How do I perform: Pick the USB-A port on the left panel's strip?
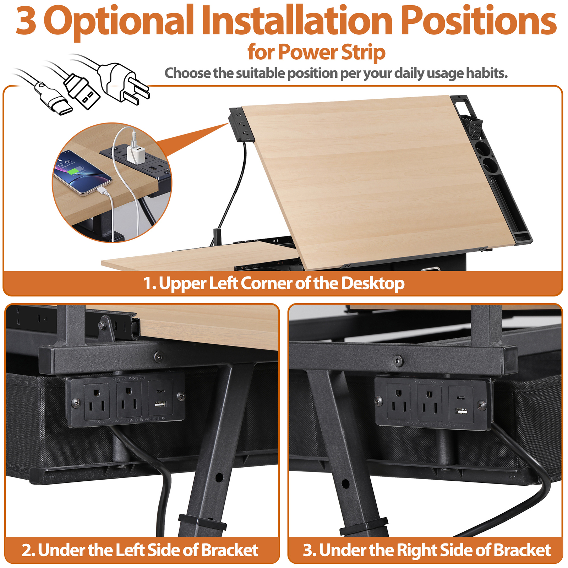tap(160, 404)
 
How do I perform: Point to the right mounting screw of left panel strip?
tap(181, 396)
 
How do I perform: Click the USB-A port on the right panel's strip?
tap(461, 412)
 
